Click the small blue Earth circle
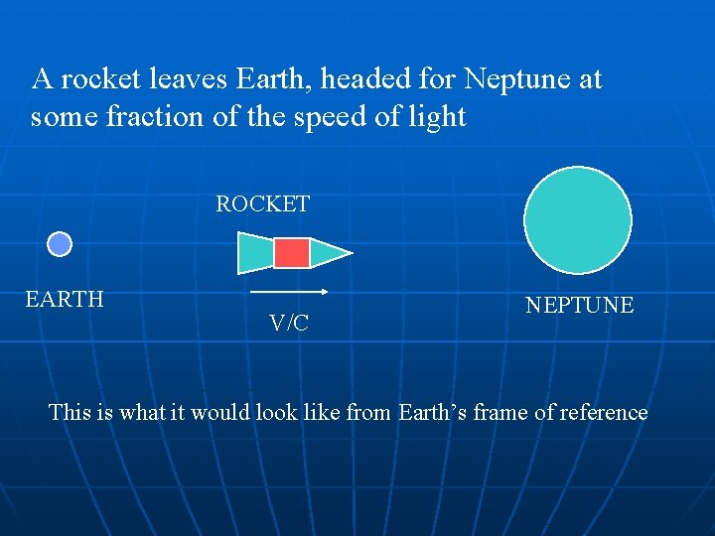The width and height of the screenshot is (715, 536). point(61,244)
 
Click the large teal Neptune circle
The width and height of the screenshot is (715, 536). point(578,219)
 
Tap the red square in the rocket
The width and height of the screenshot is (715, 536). point(292,253)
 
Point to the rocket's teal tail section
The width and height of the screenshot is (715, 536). point(255,253)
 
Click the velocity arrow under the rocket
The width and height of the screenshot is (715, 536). point(289,292)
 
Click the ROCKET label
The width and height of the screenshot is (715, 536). point(263,204)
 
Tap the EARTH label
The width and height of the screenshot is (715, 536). point(65,300)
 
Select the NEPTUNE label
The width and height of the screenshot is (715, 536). point(579,306)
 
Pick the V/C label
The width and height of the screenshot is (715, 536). point(289,323)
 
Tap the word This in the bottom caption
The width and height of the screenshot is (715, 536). point(70,412)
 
